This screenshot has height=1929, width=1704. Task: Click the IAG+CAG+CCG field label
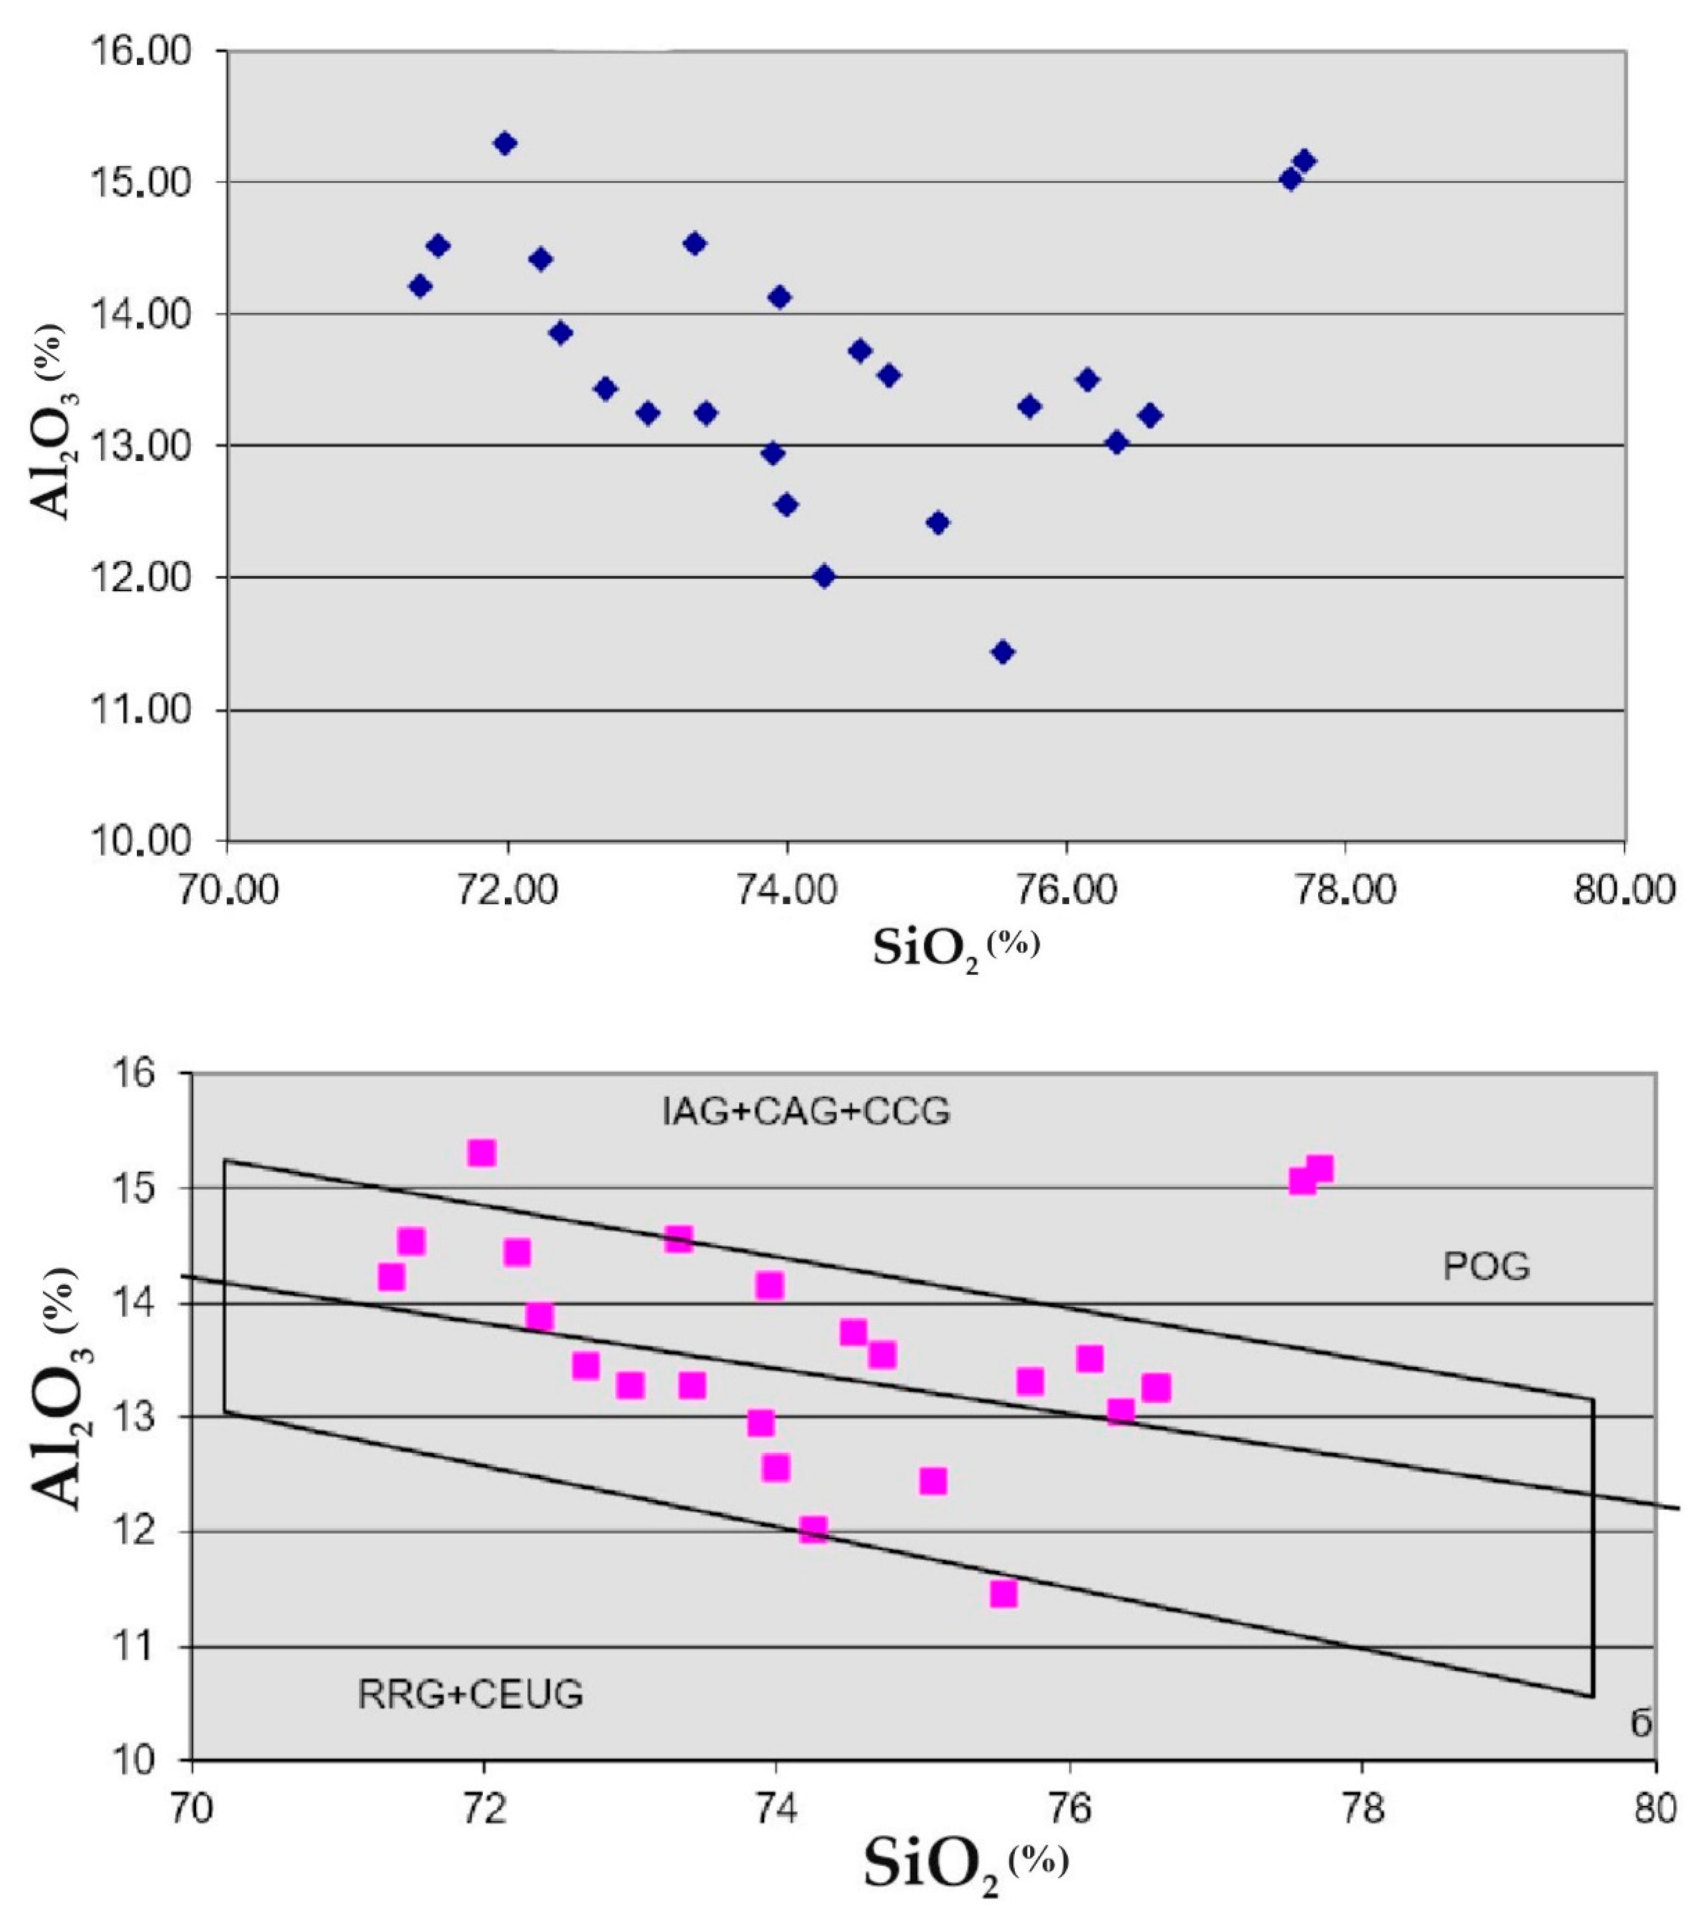(805, 1112)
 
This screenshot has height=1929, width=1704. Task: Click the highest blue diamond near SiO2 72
(505, 143)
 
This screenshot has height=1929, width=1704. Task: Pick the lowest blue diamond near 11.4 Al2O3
(1003, 652)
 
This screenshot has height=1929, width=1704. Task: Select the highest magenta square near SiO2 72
(481, 1153)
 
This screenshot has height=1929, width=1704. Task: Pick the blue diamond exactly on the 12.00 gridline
(824, 576)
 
